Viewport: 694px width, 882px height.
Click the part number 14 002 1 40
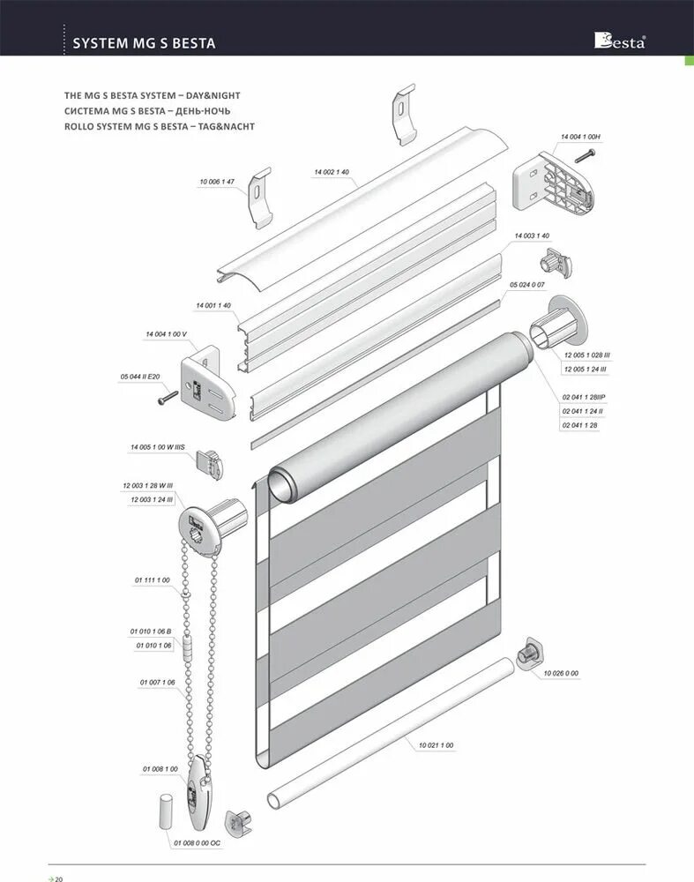coord(332,172)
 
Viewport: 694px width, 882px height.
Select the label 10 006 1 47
coord(217,182)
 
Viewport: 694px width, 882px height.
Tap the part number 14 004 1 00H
coord(580,138)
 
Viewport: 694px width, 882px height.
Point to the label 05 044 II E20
coord(140,377)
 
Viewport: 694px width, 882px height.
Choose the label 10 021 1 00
coord(436,746)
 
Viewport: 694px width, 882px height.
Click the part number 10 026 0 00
coord(561,673)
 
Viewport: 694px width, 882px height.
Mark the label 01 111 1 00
coord(152,579)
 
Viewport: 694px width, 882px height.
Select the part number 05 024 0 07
coord(527,285)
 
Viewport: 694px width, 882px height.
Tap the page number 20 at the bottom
coord(59,878)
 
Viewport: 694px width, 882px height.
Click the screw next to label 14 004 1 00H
coord(586,157)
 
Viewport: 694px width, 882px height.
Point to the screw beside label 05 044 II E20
coord(167,399)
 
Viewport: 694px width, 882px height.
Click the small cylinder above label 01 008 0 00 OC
coord(166,810)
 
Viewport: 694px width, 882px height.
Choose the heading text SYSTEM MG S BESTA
coord(144,42)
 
